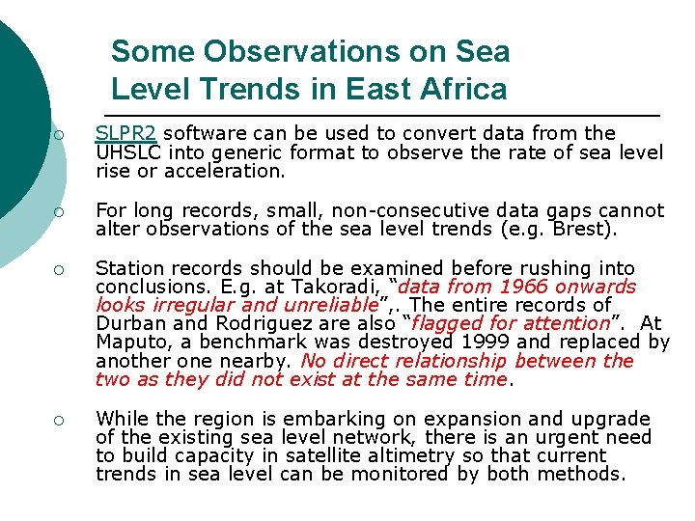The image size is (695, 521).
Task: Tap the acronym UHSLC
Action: point(126,152)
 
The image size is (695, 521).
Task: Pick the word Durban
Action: point(132,323)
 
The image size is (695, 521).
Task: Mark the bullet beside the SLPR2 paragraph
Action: point(58,134)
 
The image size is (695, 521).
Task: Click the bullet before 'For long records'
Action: point(58,210)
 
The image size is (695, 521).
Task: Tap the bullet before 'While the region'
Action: point(58,419)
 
